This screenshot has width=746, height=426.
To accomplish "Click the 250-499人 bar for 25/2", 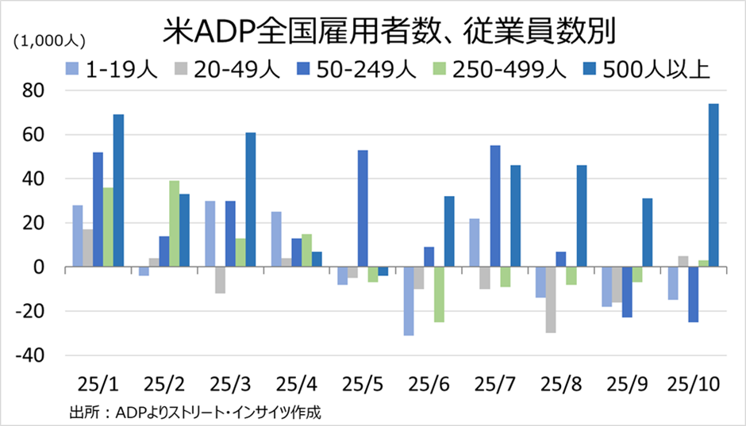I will pyautogui.click(x=174, y=225).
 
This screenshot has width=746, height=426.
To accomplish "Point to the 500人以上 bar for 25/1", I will pyautogui.click(x=118, y=191).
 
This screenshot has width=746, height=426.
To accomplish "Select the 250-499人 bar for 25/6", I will pyautogui.click(x=439, y=295).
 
